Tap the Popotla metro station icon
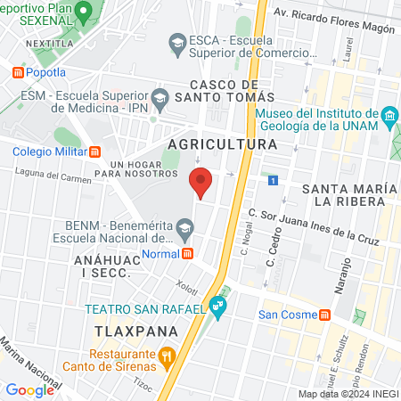(x=17, y=72)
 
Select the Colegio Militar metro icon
(x=96, y=150)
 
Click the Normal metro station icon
(x=188, y=253)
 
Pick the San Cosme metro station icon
(x=325, y=315)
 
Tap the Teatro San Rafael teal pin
(x=219, y=309)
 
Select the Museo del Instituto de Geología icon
(x=389, y=117)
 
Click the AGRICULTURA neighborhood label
(x=222, y=143)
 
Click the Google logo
(x=29, y=389)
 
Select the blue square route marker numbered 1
(x=273, y=180)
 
